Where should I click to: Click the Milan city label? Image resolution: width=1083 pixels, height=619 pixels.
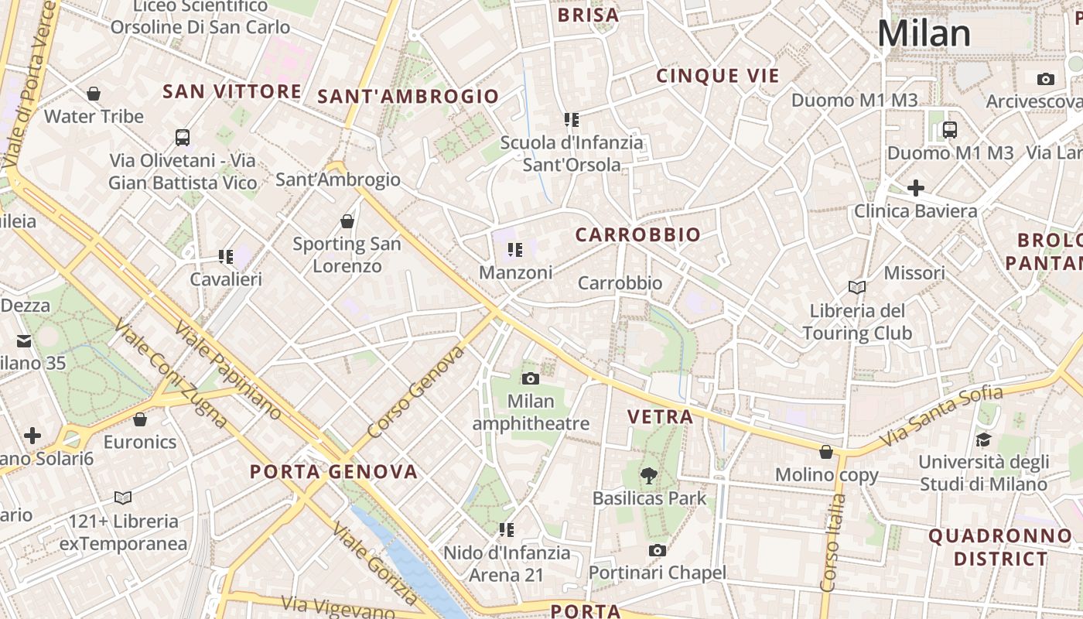tap(924, 34)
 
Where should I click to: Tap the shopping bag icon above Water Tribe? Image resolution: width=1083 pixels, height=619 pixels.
tap(94, 94)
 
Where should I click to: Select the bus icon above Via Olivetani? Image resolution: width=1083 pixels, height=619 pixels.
tap(183, 138)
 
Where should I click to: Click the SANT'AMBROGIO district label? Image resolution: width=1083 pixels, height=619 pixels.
tap(408, 97)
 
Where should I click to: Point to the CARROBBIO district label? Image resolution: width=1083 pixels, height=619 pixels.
tap(638, 234)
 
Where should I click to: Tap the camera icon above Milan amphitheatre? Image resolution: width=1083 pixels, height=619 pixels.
tap(531, 378)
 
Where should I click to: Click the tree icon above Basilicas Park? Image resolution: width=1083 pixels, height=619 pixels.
tap(649, 475)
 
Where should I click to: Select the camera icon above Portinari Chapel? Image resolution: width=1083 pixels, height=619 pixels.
tap(658, 550)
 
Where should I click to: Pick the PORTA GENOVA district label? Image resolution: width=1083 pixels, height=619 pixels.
tap(333, 471)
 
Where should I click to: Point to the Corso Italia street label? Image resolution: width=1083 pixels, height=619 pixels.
tap(832, 542)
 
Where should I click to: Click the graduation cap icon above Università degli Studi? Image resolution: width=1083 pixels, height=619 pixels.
tap(983, 439)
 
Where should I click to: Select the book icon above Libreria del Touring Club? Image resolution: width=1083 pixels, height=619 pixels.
tap(856, 288)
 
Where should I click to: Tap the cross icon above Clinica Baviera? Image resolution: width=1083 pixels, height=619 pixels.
tap(916, 188)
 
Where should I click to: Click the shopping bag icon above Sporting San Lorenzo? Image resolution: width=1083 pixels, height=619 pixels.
tap(347, 221)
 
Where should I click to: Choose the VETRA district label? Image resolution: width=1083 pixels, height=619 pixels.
tap(660, 417)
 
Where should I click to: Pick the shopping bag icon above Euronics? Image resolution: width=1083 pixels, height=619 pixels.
tap(140, 419)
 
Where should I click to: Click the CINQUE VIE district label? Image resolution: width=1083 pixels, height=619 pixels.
tap(718, 76)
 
